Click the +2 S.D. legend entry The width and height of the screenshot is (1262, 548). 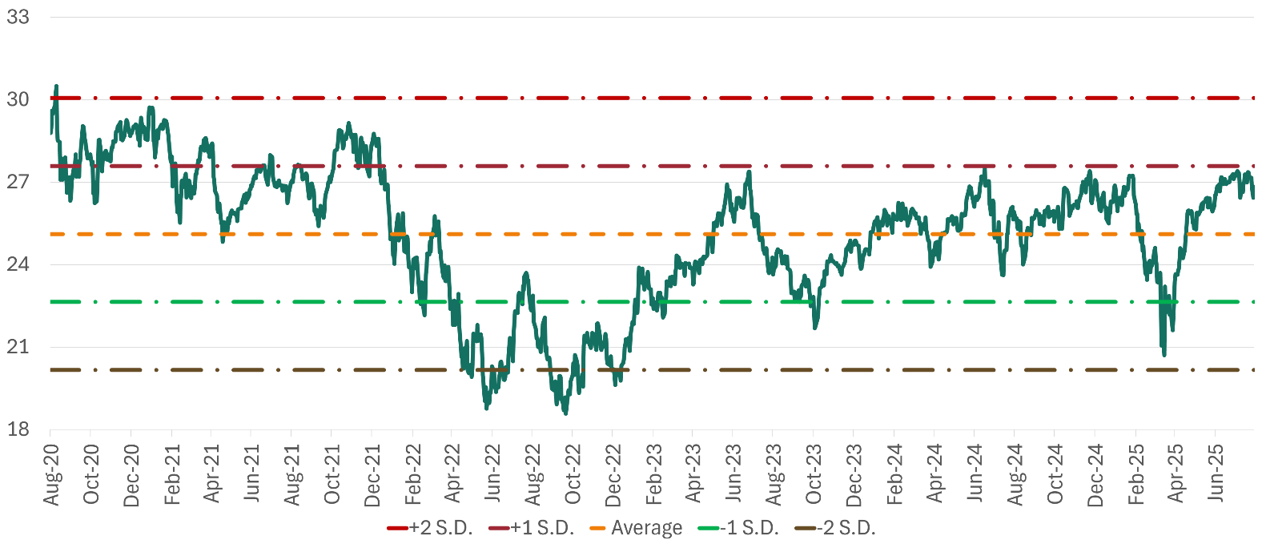click(x=430, y=528)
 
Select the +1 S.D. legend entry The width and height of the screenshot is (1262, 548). click(x=532, y=528)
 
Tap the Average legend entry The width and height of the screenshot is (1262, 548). click(x=637, y=528)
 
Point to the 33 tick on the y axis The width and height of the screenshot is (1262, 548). click(x=18, y=17)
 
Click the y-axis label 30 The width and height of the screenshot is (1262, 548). click(x=18, y=99)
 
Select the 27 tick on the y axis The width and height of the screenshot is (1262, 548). click(x=18, y=182)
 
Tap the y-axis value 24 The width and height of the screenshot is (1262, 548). click(x=18, y=264)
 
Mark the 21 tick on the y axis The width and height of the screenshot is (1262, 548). click(x=18, y=347)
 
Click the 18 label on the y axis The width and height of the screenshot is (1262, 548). click(x=18, y=429)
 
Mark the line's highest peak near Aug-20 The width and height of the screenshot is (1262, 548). click(x=56, y=85)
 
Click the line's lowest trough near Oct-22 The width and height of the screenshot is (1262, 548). click(x=565, y=413)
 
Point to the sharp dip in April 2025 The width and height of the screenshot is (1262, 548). click(x=1164, y=354)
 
